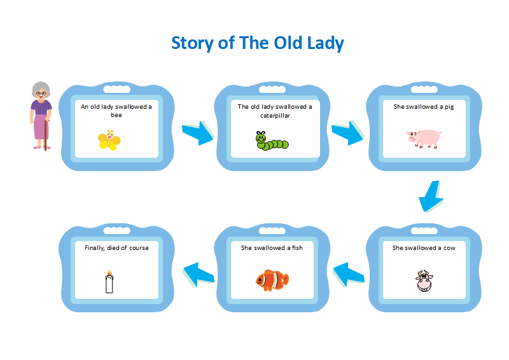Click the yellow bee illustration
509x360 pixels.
109,140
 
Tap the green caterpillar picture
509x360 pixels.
272,141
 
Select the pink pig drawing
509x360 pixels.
424,138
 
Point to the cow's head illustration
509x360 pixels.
424,280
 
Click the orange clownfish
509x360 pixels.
272,280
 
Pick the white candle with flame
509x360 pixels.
109,281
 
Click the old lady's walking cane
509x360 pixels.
46,135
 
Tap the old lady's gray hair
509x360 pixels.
41,88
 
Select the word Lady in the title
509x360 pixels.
326,43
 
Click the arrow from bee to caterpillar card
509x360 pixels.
198,133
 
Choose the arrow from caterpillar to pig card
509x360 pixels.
347,133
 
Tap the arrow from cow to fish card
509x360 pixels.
348,274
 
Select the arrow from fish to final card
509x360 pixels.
199,274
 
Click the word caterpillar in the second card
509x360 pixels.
275,116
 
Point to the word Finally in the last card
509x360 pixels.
95,248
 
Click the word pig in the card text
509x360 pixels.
449,107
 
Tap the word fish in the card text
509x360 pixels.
297,247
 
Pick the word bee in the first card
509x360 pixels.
116,115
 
